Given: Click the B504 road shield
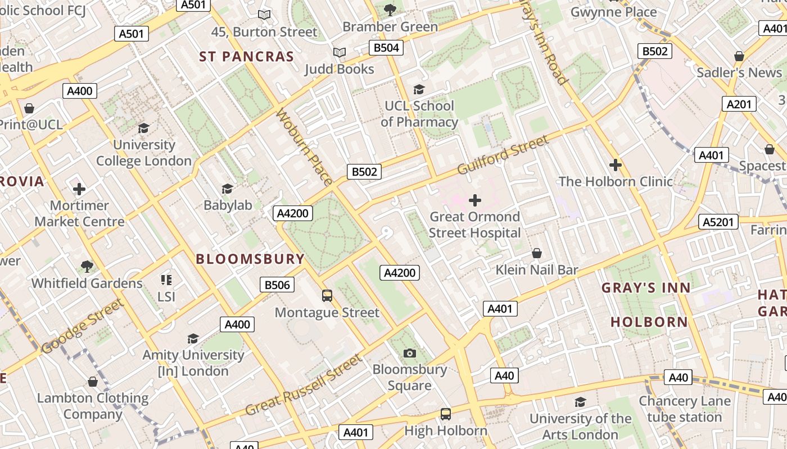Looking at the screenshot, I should (387, 48).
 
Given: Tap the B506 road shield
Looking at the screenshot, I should (277, 285).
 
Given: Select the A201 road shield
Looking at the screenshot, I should (739, 104).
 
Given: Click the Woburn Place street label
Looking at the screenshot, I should (304, 146).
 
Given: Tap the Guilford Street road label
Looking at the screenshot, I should (503, 154).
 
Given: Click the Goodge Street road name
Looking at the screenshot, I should (82, 326).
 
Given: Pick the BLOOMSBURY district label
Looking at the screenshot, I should (250, 259).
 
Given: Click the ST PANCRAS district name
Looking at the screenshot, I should (247, 57).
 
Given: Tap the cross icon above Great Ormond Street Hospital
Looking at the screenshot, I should (475, 200).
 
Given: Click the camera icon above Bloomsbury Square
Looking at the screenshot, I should (410, 353).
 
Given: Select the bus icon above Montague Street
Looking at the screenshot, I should (327, 295).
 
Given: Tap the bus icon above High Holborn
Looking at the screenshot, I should (446, 414).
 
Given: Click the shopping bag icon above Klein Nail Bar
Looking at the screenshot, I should (537, 253).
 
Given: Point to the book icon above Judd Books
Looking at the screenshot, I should (339, 53).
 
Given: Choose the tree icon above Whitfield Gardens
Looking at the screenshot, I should (87, 266).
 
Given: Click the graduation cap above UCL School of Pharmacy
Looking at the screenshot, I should (419, 89).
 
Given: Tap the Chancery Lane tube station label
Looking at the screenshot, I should (684, 409).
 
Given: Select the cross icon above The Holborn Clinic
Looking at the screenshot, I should (616, 165).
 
